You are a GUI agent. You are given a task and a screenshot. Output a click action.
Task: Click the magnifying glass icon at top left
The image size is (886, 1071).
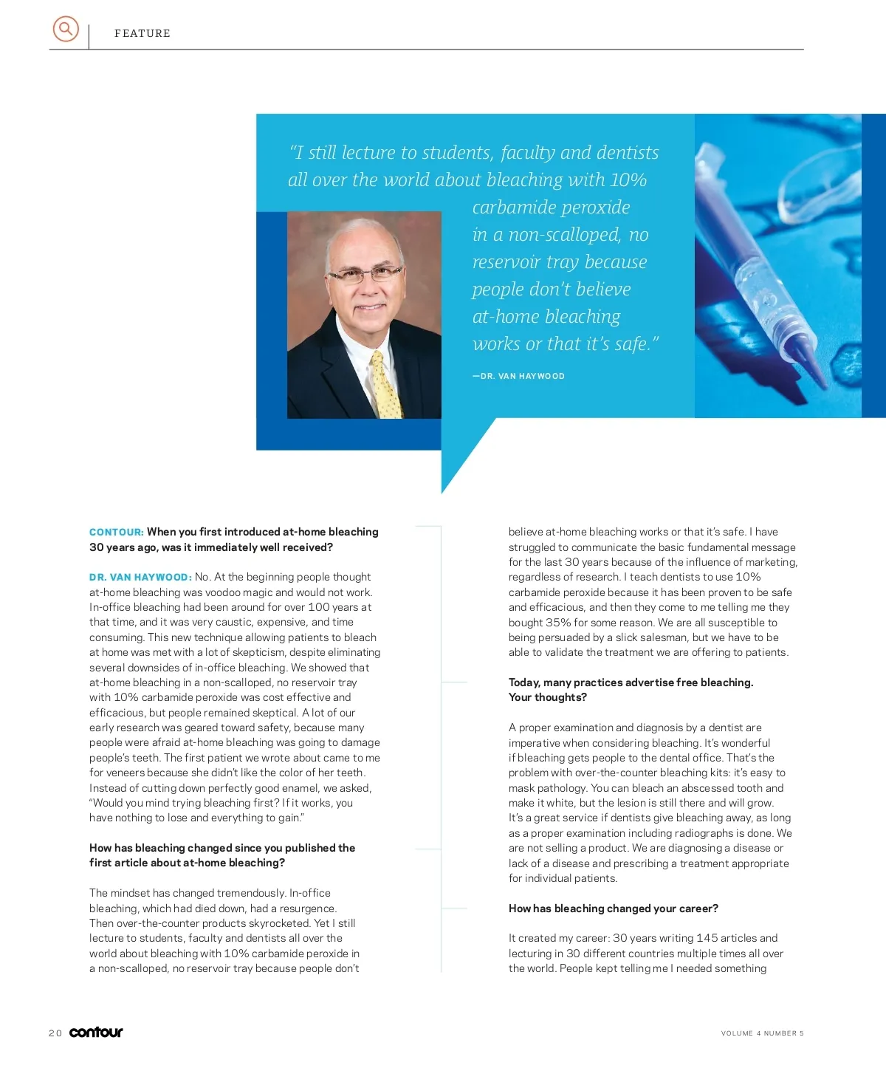click(66, 29)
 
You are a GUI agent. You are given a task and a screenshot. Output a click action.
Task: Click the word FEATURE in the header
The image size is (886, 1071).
click(142, 33)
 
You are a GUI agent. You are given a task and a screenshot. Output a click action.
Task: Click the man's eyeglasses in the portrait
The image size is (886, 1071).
click(365, 275)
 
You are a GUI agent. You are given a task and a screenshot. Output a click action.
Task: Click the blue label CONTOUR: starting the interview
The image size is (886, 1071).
click(116, 532)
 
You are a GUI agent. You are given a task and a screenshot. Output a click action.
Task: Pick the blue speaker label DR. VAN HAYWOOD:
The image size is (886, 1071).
click(140, 577)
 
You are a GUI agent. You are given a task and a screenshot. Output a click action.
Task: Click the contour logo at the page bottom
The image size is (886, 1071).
click(96, 1032)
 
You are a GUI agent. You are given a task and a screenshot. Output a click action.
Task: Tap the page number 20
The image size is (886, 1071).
click(55, 1033)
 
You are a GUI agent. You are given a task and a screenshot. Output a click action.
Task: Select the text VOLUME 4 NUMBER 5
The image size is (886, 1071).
click(762, 1033)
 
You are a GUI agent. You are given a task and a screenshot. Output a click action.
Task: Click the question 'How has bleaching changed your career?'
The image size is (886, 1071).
click(613, 909)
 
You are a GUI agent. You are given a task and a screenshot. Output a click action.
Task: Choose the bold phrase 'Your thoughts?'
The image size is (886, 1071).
click(547, 697)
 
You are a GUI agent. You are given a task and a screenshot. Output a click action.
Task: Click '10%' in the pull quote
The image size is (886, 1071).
click(628, 179)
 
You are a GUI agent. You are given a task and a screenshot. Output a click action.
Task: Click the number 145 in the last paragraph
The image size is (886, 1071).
click(707, 938)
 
